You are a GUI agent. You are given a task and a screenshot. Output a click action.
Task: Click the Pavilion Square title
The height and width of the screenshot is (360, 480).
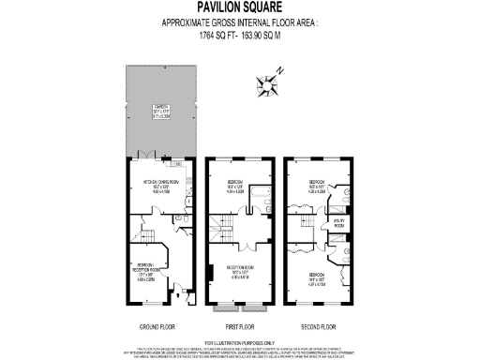[239, 7]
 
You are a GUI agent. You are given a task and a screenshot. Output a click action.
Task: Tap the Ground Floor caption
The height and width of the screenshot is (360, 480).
[159, 326]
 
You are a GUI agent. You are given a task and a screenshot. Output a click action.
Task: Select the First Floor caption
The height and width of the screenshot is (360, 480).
[240, 326]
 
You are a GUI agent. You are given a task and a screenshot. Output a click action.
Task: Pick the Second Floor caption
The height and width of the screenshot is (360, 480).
[319, 326]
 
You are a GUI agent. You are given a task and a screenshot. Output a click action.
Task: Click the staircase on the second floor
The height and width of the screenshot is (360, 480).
[306, 225]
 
